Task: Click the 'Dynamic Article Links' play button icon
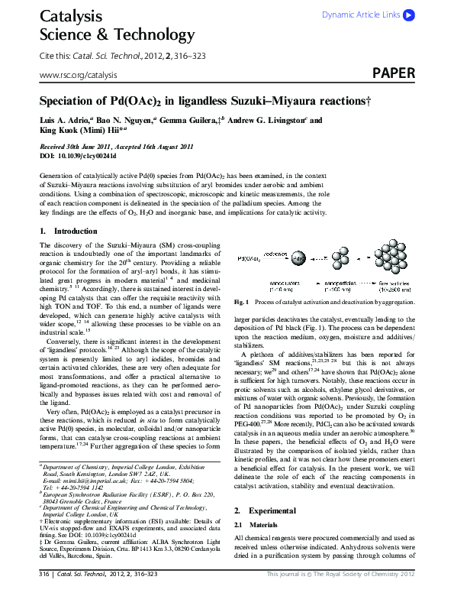(x=409, y=15)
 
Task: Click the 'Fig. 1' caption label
(x=242, y=303)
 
